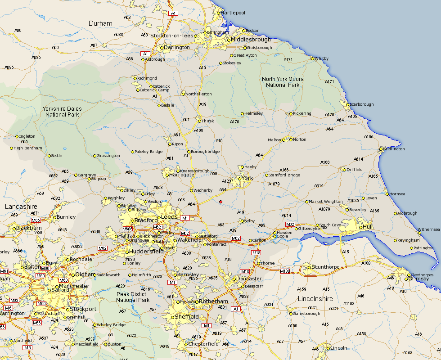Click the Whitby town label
pyautogui.click(x=322, y=58)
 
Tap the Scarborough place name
pyautogui.click(x=362, y=104)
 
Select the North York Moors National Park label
pyautogui.click(x=283, y=82)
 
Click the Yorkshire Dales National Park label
pyautogui.click(x=62, y=112)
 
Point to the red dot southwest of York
pyautogui.click(x=220, y=202)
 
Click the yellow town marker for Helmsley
pyautogui.click(x=242, y=113)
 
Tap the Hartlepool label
pyautogui.click(x=233, y=13)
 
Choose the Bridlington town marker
pyautogui.click(x=381, y=149)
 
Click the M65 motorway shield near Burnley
pyautogui.click(x=36, y=220)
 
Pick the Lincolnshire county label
pyautogui.click(x=315, y=299)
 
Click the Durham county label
pyautogui.click(x=100, y=23)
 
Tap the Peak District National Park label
pyautogui.click(x=133, y=297)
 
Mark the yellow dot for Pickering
pyautogui.click(x=291, y=113)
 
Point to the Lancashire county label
pyautogui.click(x=21, y=206)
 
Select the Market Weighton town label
pyautogui.click(x=325, y=202)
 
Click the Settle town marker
pyautogui.click(x=49, y=156)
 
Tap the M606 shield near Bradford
pyautogui.click(x=127, y=229)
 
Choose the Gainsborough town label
pyautogui.click(x=306, y=314)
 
